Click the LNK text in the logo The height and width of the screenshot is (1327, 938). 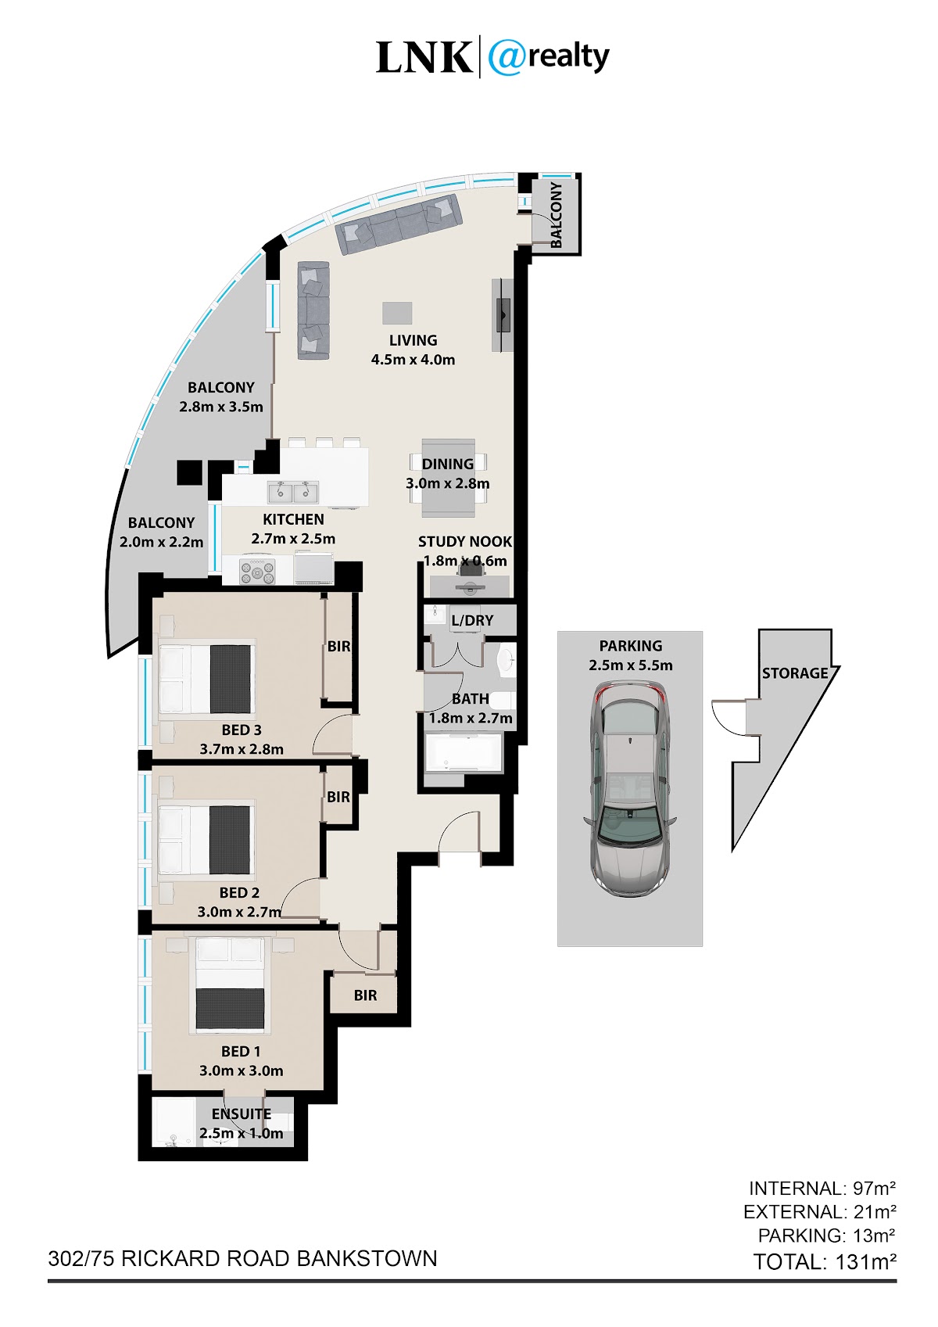tap(424, 57)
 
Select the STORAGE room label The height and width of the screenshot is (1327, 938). tap(795, 673)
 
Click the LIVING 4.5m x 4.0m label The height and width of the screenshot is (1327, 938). tap(413, 350)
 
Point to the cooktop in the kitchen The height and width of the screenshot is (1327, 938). tap(257, 571)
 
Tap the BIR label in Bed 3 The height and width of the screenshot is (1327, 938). tap(338, 647)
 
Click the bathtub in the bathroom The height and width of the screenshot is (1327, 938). tap(463, 752)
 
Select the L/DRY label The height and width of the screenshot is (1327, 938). tap(472, 620)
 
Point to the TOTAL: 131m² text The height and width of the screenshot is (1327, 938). tap(825, 1262)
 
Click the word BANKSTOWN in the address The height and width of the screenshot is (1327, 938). tap(367, 1258)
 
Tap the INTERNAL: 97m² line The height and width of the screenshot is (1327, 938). tap(822, 1189)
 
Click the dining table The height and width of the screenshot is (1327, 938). tap(448, 478)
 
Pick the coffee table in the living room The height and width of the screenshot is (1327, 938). tap(397, 313)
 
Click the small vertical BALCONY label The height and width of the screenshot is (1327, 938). tap(556, 215)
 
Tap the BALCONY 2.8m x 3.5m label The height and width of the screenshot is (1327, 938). tap(221, 397)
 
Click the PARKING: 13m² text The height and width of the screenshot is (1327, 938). tap(826, 1236)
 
